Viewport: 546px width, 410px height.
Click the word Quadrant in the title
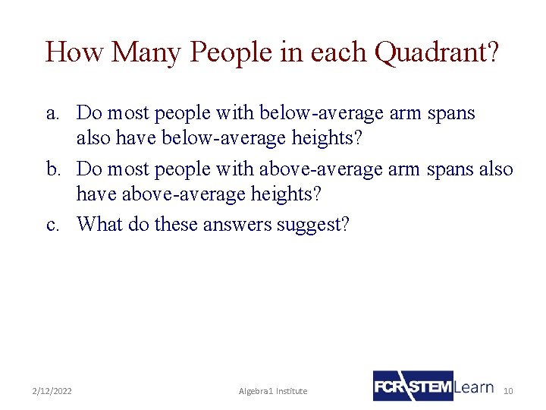click(x=435, y=52)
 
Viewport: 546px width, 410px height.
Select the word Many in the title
click(x=147, y=52)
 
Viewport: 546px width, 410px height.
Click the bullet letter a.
click(x=52, y=114)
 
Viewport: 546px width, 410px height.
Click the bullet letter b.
click(x=52, y=169)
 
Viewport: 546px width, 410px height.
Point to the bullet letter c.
click(x=52, y=225)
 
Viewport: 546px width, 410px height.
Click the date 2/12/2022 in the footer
click(x=52, y=391)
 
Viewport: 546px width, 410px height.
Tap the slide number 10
click(x=508, y=391)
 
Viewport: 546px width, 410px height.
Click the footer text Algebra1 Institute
click(x=273, y=391)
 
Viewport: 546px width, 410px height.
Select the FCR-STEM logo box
click(x=413, y=386)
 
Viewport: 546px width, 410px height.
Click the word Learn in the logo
click(x=475, y=386)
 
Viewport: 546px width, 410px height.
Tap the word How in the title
click(x=74, y=52)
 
